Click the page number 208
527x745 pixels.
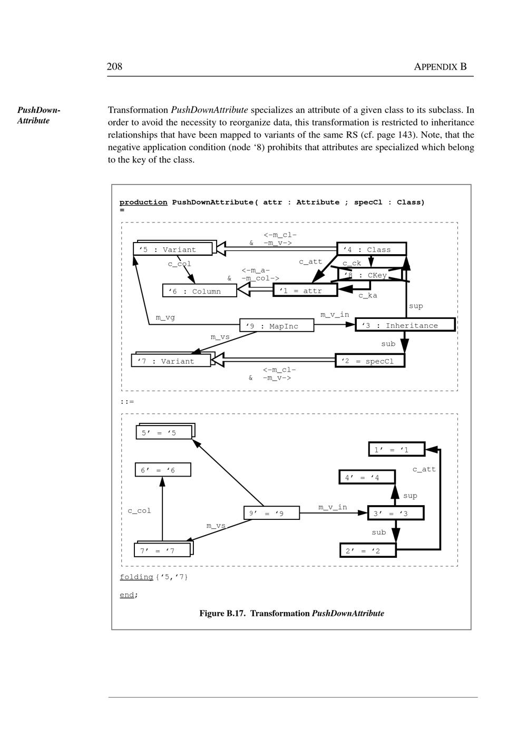coord(114,66)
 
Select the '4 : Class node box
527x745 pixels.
coord(372,249)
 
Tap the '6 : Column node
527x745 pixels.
coord(199,291)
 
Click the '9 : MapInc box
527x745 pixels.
coord(277,326)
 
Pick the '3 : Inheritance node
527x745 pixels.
coord(405,325)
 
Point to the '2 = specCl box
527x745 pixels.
coord(370,361)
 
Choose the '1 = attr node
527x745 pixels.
coord(305,291)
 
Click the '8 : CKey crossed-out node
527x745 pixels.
coord(370,275)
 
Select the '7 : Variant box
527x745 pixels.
coord(170,361)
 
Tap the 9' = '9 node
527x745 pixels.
coord(271,513)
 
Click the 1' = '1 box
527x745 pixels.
coord(396,450)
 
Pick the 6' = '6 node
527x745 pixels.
coord(163,470)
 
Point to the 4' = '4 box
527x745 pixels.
coord(367,478)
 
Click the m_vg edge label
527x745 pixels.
coord(165,317)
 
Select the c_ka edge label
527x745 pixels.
coord(367,296)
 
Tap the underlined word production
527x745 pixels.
coord(143,202)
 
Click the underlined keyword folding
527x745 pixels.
coord(136,577)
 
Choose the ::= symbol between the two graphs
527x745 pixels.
coord(127,402)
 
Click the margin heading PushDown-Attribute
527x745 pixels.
coord(38,115)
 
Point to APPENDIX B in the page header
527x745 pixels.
coord(440,67)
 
